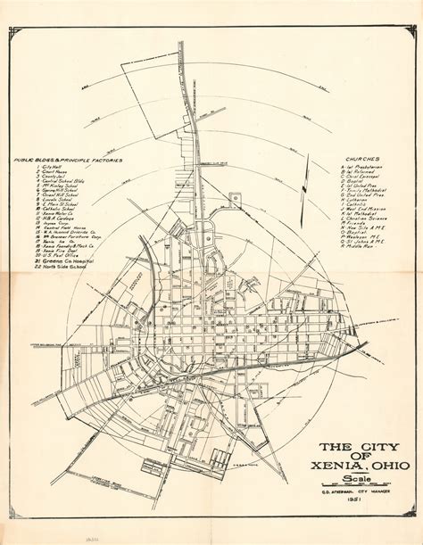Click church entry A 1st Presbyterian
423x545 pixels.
[366, 167]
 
